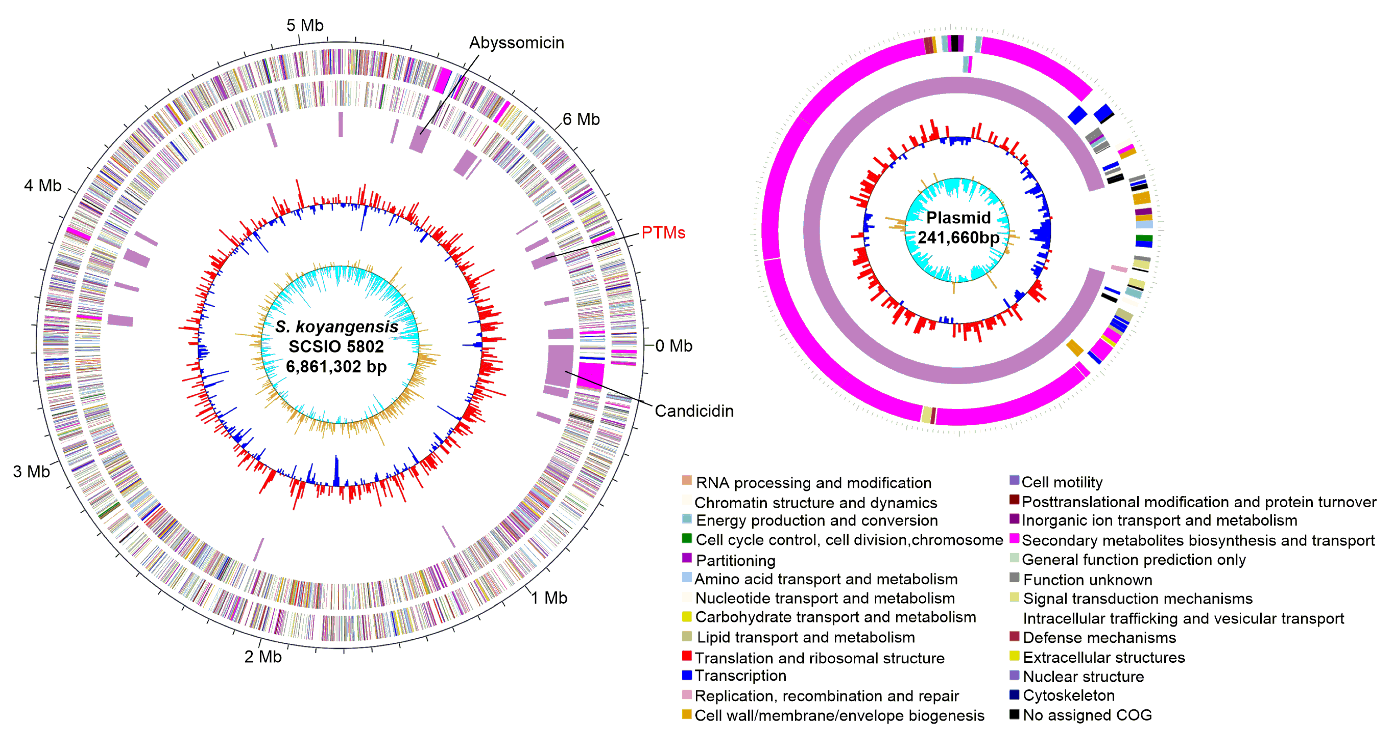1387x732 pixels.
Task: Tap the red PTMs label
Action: coord(663,233)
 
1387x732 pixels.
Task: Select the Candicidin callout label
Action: coord(693,411)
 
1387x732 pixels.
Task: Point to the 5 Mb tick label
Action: coord(305,25)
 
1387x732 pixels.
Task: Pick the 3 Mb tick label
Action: coord(31,472)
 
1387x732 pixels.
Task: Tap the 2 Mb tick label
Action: coord(263,657)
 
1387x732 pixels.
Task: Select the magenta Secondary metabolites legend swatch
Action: coord(1014,538)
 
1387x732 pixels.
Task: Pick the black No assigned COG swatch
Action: coord(1014,714)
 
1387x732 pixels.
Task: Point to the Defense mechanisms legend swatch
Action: coord(1014,637)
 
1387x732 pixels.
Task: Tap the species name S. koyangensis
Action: coord(337,326)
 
